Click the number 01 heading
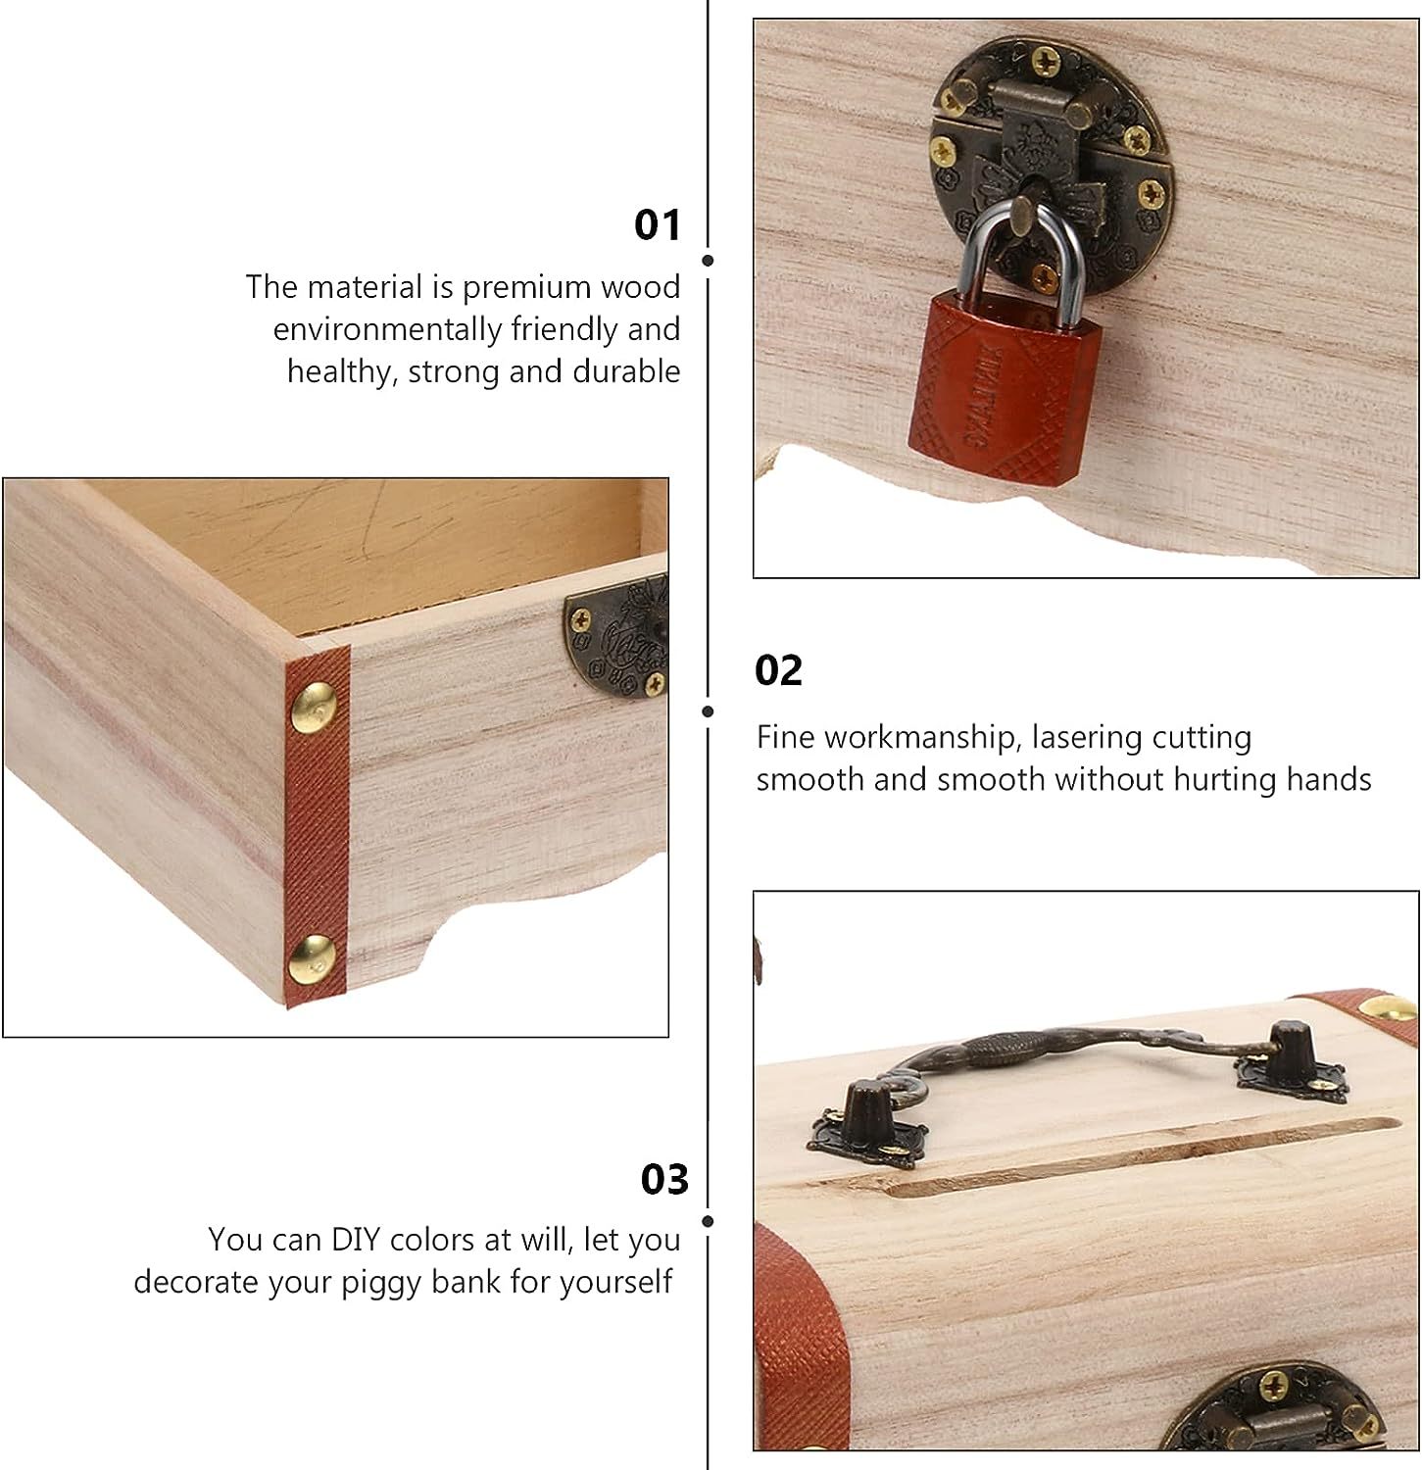[657, 225]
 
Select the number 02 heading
[778, 671]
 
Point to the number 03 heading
[665, 1180]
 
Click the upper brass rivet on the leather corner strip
[317, 703]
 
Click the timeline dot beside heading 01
[708, 261]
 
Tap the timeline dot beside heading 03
[708, 1222]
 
